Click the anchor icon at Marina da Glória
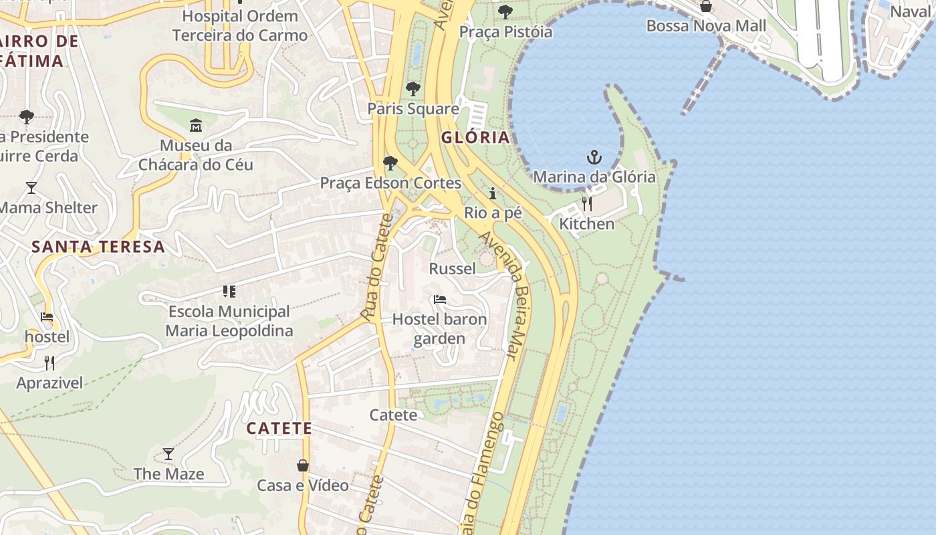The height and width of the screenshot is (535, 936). (594, 158)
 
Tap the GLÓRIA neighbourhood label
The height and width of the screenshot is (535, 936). (475, 138)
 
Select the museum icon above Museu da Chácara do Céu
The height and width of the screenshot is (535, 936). (196, 125)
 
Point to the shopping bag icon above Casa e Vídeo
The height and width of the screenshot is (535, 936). (303, 465)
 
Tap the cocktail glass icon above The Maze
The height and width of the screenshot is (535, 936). (168, 454)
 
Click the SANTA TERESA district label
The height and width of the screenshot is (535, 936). (98, 247)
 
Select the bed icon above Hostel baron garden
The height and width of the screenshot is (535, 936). (439, 299)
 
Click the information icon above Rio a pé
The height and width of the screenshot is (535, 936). (493, 193)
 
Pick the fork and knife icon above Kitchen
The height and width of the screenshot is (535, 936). (586, 203)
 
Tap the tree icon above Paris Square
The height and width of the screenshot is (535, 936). (413, 88)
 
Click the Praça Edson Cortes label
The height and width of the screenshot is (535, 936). (390, 183)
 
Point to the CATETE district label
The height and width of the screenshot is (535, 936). (279, 428)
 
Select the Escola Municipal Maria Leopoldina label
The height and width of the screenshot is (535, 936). (229, 321)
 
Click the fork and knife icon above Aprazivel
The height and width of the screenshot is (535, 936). (49, 363)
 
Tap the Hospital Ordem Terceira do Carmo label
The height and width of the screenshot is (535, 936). (240, 25)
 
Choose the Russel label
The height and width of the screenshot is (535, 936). (452, 269)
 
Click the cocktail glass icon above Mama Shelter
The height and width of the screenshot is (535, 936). (31, 187)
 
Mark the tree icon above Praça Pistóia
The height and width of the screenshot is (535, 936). (505, 11)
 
